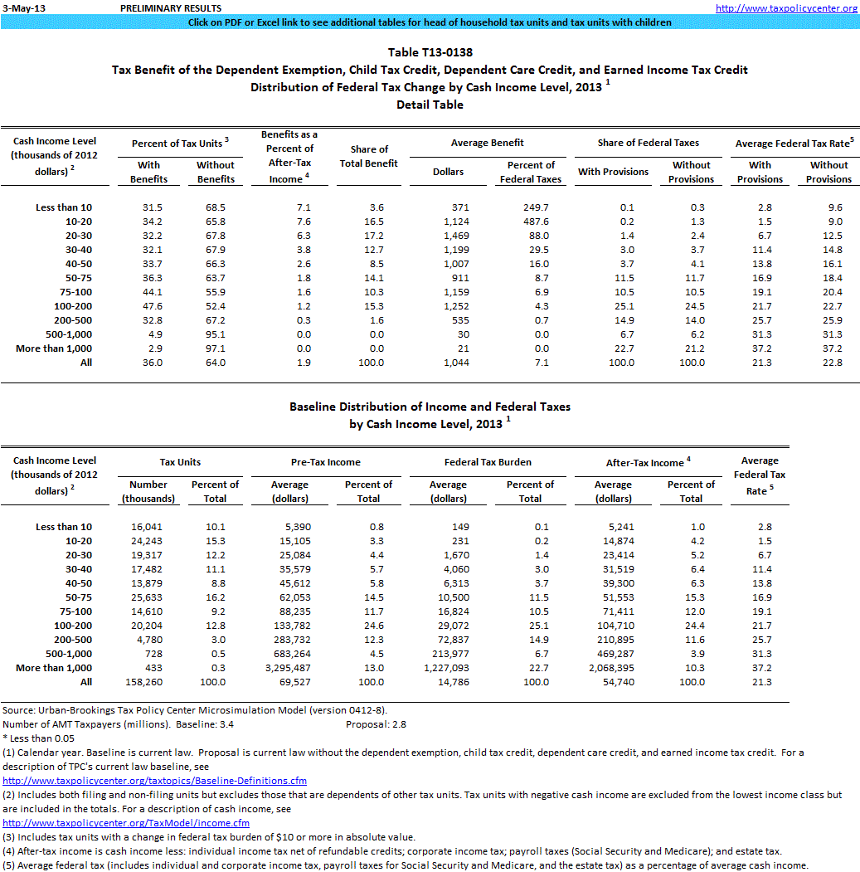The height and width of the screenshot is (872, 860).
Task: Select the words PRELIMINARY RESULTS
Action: pos(159,7)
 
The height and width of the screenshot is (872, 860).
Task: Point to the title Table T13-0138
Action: pos(430,52)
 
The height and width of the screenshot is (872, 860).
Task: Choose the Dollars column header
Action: pos(449,172)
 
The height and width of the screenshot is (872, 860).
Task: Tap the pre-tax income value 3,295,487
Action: pos(290,668)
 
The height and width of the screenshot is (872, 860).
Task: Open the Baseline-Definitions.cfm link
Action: pos(155,781)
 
